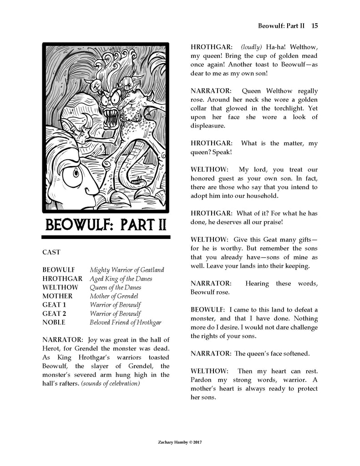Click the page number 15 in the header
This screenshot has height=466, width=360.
[x=314, y=26]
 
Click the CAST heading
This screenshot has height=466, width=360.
[x=51, y=252]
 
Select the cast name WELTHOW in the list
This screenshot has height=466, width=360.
[x=60, y=287]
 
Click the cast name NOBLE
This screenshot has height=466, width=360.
[x=54, y=322]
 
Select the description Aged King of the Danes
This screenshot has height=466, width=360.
[x=121, y=279]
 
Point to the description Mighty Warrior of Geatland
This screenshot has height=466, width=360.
[x=127, y=270]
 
